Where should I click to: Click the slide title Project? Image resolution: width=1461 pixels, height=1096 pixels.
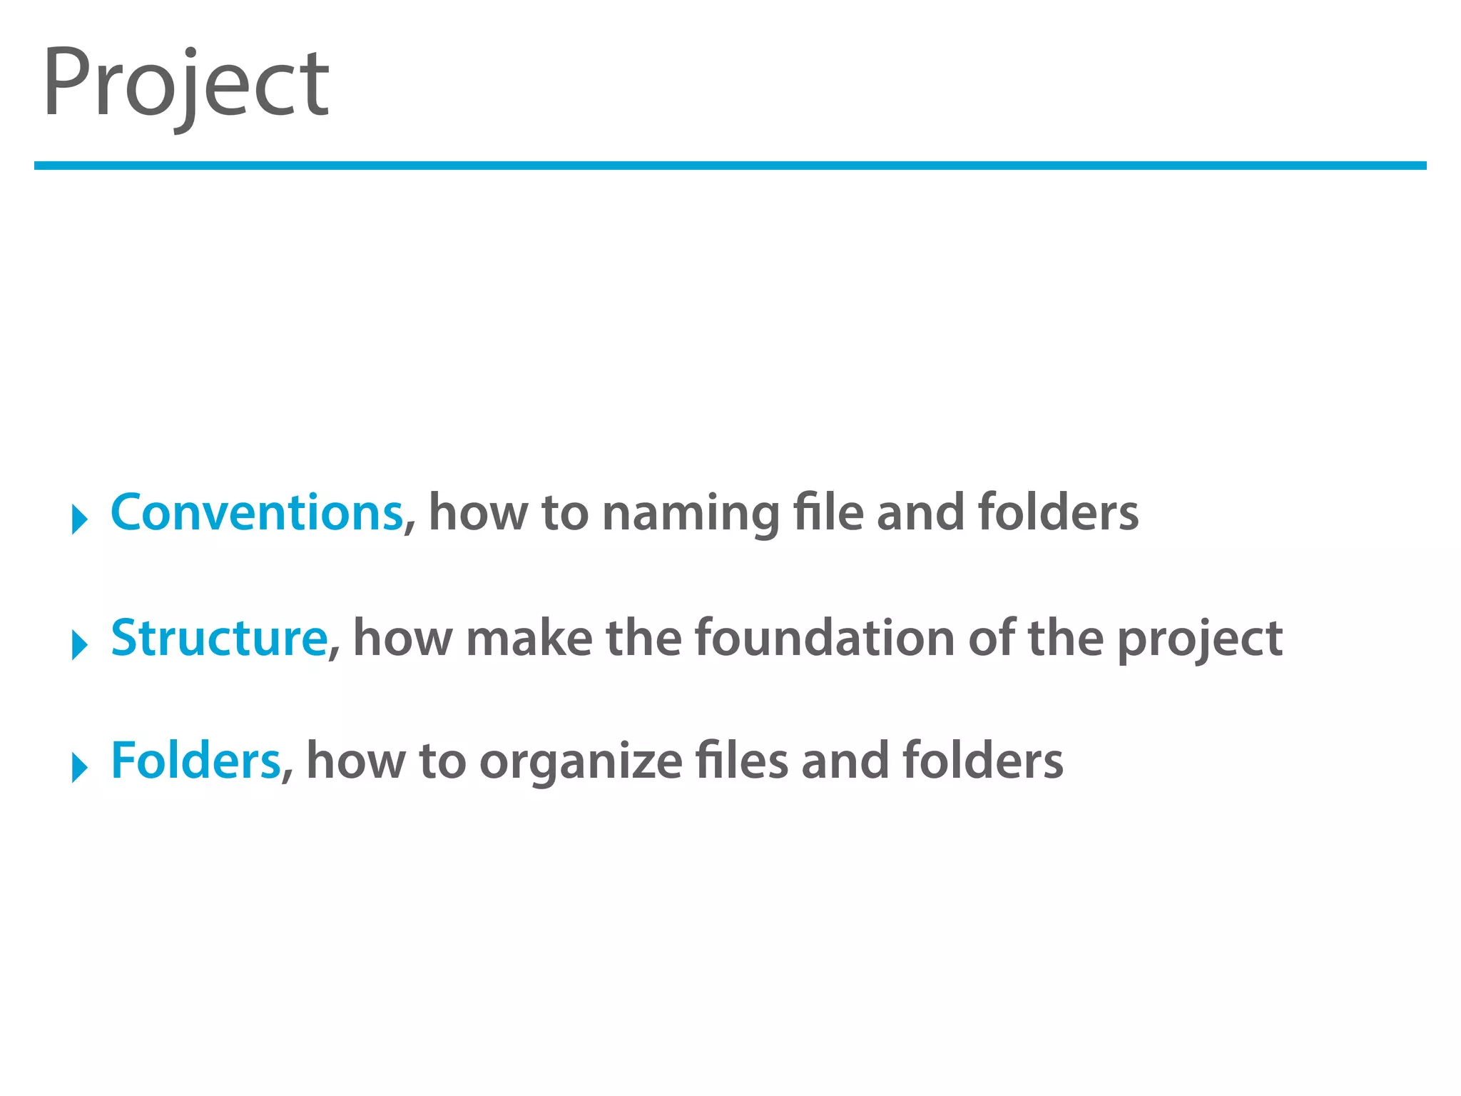[x=185, y=84]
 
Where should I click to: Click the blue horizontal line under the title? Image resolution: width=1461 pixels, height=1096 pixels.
[x=730, y=166]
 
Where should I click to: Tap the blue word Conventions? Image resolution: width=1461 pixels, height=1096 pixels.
[x=257, y=513]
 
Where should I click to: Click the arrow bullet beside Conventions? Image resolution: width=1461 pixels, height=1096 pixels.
[x=79, y=519]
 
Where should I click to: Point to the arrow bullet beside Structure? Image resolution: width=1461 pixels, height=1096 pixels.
[x=79, y=644]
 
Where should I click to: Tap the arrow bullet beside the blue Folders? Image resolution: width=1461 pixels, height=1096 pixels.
[x=79, y=767]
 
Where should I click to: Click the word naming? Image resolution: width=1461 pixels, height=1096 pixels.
[x=691, y=515]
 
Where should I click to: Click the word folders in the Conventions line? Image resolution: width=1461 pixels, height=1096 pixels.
[x=1058, y=513]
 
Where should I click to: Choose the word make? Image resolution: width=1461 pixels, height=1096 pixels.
[x=529, y=638]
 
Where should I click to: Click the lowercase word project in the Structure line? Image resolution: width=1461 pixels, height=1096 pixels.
[x=1199, y=640]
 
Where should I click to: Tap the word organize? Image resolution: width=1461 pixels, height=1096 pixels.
[x=581, y=763]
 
